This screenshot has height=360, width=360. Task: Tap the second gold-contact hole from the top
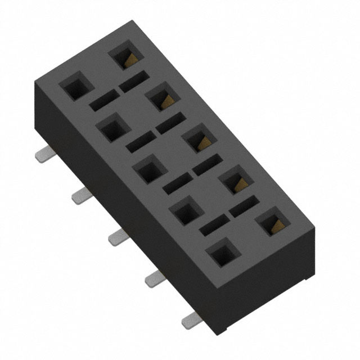coord(162,97)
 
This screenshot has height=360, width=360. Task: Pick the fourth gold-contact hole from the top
coord(235,181)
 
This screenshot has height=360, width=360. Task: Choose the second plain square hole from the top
coord(112,128)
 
